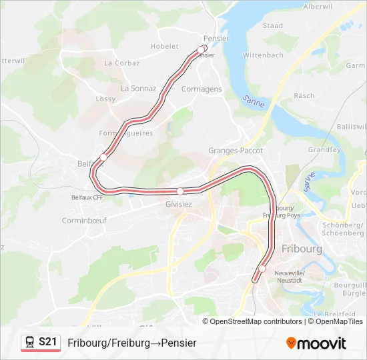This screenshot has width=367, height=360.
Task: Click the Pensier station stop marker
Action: click(x=202, y=49)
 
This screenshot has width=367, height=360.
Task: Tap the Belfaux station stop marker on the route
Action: click(x=103, y=157)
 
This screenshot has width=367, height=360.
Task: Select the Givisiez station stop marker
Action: click(x=179, y=191)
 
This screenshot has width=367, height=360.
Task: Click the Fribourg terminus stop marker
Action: click(x=262, y=269)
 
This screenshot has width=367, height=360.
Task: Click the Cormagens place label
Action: click(x=202, y=89)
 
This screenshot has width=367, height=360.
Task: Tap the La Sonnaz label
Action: click(x=138, y=88)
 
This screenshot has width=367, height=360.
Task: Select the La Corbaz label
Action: click(x=122, y=63)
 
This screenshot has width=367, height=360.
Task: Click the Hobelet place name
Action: click(x=165, y=46)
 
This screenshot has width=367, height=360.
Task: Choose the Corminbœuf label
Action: click(x=84, y=220)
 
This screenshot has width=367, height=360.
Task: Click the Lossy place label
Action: click(x=105, y=99)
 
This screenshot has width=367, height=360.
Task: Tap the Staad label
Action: click(x=273, y=26)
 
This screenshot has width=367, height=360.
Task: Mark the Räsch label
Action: click(x=304, y=96)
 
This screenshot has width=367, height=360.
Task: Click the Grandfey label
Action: click(x=324, y=150)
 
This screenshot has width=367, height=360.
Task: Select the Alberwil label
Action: click(x=318, y=6)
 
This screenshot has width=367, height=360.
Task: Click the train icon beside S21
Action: click(x=30, y=342)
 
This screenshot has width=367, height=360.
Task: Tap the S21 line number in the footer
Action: click(x=47, y=342)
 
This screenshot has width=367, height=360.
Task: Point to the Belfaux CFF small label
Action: click(x=87, y=197)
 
